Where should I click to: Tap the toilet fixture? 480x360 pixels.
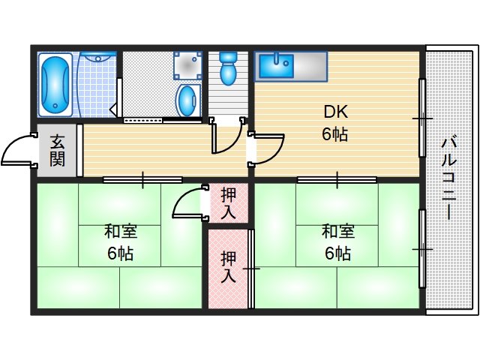click(227, 70)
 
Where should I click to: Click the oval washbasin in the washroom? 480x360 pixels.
click(187, 98)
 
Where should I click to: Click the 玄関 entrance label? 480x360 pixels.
click(58, 150)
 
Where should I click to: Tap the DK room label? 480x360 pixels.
click(335, 112)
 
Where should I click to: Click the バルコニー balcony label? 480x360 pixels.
click(449, 177)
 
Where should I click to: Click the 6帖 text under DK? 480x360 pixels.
click(335, 135)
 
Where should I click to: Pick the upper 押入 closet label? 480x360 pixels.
click(228, 202)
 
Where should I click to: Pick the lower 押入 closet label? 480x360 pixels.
click(228, 267)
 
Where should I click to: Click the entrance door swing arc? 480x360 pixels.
click(19, 149)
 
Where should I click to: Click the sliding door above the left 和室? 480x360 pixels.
click(142, 179)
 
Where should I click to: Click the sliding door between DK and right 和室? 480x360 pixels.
click(337, 179)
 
